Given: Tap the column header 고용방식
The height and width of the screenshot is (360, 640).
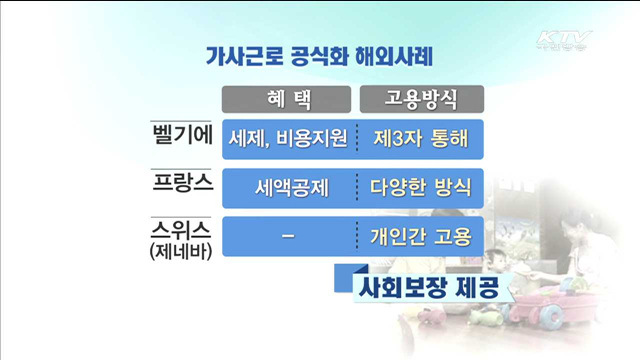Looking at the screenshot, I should [x=420, y=98].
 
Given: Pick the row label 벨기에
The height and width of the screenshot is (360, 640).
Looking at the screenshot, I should [x=179, y=136].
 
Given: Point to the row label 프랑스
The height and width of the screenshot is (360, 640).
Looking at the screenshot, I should [x=179, y=185].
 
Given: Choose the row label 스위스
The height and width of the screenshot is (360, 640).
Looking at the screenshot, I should [x=179, y=229].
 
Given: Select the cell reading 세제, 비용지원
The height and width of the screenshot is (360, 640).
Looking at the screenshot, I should [x=289, y=138].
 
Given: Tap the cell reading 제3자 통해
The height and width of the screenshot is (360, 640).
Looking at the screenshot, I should [x=420, y=138].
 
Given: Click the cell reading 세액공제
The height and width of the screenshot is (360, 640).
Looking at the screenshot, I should [x=289, y=187].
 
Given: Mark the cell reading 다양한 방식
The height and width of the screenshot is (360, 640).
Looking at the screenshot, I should [x=420, y=187].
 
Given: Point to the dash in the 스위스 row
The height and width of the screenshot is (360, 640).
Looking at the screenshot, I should [x=289, y=237].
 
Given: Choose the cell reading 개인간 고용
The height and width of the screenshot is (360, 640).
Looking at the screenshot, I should [x=420, y=237].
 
